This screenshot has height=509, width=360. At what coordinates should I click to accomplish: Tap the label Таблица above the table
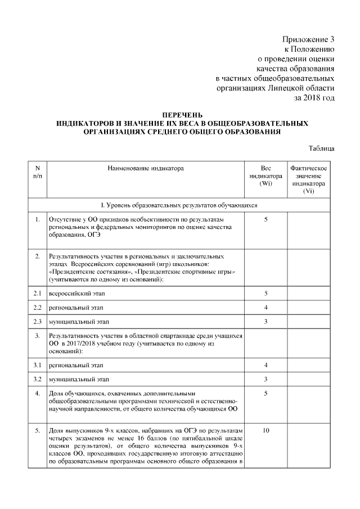point(322,148)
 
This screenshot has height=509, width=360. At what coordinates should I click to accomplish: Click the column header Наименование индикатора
point(146,168)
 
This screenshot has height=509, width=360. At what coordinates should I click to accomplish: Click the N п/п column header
point(37,172)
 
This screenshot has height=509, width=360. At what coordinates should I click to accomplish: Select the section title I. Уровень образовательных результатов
point(178,205)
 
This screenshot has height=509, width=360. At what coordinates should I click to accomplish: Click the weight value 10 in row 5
point(265,431)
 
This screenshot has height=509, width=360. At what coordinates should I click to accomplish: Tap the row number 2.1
point(37,294)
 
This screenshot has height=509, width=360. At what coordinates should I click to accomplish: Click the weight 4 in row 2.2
point(265,308)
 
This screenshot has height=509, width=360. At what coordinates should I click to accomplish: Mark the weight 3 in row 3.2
point(265,379)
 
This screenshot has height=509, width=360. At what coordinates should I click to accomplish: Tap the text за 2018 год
point(314,97)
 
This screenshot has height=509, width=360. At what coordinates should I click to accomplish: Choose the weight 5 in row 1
point(265,219)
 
